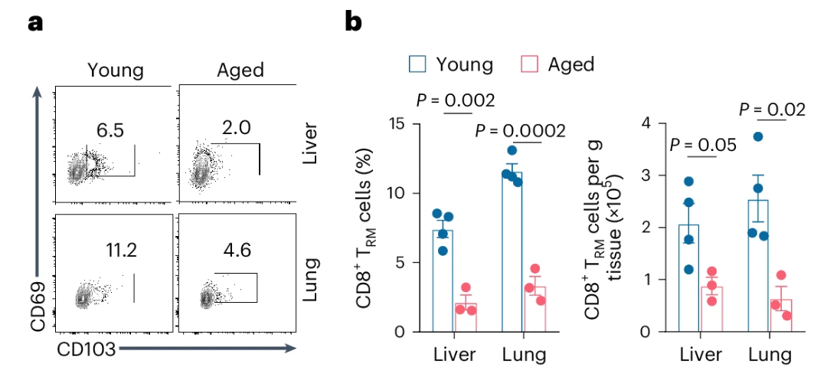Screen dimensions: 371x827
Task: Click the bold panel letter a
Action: [35, 22]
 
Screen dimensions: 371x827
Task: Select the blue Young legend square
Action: [417, 64]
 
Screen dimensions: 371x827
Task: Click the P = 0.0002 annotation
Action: [520, 131]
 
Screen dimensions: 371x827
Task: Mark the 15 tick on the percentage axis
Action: [397, 123]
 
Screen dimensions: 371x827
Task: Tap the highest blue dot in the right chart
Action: [757, 136]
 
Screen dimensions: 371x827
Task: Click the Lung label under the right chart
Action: [769, 356]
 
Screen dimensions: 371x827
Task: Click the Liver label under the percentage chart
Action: [454, 356]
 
